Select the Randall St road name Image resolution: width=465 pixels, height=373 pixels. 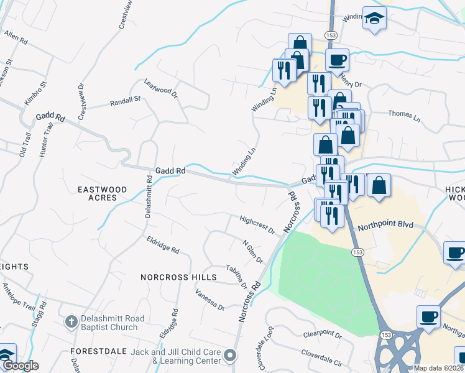(x=126, y=101)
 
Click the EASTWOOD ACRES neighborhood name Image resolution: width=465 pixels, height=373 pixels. (x=102, y=193)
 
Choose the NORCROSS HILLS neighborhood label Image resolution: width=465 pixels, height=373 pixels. (x=178, y=277)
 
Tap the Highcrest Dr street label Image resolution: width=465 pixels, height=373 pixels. (x=257, y=224)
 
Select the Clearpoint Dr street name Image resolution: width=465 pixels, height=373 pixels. (x=323, y=334)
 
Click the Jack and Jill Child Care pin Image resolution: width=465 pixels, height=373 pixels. (x=231, y=356)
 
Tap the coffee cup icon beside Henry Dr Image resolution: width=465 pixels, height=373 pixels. (x=337, y=60)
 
